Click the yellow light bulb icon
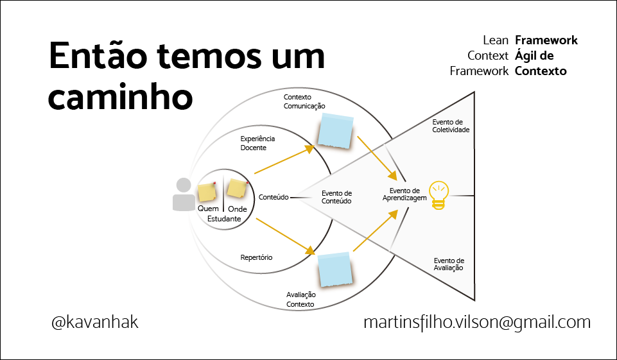point(439,195)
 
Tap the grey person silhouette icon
point(184,194)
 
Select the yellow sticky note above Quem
point(207,192)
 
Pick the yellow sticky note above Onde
point(236,189)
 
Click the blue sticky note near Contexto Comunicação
point(336,132)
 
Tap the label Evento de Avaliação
point(448,264)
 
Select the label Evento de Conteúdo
point(336,197)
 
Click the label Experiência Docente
point(257,143)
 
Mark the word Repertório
point(256,257)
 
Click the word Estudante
point(224,219)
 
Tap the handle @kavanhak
point(95,321)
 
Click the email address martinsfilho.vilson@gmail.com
point(476,321)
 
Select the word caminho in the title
point(121,96)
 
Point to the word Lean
point(496,40)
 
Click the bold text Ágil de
point(534,56)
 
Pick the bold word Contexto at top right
point(541,71)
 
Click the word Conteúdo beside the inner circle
point(273,198)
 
